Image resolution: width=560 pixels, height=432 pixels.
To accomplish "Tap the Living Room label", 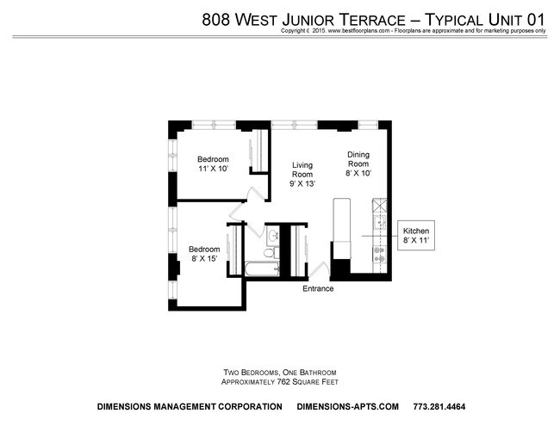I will click(302, 174).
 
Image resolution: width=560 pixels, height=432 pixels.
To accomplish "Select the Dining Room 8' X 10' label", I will click(358, 164).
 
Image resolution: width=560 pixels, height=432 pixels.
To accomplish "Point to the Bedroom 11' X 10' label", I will click(213, 164).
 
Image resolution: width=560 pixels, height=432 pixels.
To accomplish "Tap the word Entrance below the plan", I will click(317, 289).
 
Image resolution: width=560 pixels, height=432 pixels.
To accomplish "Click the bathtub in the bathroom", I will click(258, 269).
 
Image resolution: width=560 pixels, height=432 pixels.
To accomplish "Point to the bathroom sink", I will click(273, 235).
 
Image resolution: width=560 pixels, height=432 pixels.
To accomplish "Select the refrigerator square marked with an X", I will click(378, 207).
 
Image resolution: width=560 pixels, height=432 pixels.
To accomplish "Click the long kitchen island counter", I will click(341, 225).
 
